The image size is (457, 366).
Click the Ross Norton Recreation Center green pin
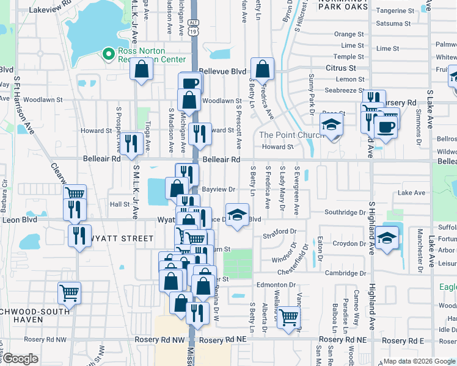click(x=109, y=55)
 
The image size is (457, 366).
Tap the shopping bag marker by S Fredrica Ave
click(x=263, y=70)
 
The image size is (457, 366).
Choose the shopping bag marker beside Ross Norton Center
click(x=142, y=70)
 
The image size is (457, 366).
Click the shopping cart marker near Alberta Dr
click(x=288, y=317)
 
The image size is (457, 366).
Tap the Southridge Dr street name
click(x=345, y=212)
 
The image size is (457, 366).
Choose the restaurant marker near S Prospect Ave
click(x=131, y=144)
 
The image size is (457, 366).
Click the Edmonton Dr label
click(x=276, y=284)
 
